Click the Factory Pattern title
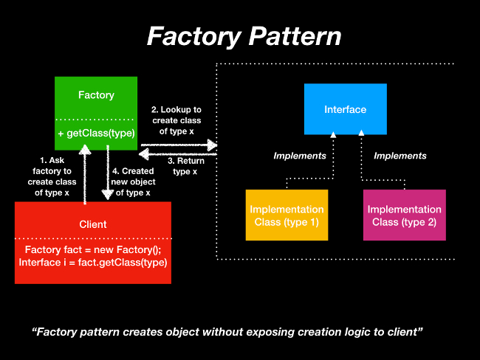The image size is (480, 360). (x=244, y=36)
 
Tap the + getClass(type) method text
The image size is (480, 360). (x=96, y=134)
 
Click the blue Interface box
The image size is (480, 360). (x=345, y=109)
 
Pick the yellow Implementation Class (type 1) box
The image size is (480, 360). (x=287, y=215)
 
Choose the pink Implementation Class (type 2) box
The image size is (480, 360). (x=404, y=215)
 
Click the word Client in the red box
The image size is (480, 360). (x=92, y=224)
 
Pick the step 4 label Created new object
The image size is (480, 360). (x=133, y=181)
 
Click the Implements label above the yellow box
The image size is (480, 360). (x=300, y=156)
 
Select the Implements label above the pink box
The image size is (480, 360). (x=400, y=156)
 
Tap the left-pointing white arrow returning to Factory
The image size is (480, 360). (x=178, y=154)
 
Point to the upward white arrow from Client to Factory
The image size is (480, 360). (x=86, y=173)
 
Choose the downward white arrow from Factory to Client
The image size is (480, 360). (x=107, y=173)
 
